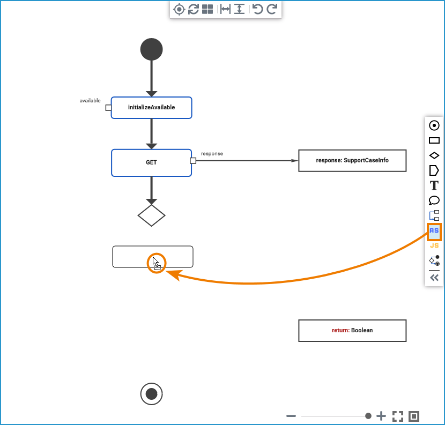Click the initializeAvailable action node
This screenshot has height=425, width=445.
click(x=151, y=107)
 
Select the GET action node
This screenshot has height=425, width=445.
click(x=151, y=162)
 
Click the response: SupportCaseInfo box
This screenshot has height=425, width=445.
click(x=352, y=160)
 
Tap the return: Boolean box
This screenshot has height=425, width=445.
click(x=352, y=330)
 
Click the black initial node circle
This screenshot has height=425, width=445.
click(x=151, y=49)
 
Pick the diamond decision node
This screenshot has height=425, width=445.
click(x=151, y=215)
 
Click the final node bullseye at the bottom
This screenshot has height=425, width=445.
click(x=151, y=394)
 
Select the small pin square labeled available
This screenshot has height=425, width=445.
click(x=108, y=107)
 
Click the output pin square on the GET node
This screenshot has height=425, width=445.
click(x=193, y=160)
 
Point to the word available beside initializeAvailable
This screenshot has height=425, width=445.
click(x=90, y=100)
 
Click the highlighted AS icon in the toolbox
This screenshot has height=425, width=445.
click(x=434, y=231)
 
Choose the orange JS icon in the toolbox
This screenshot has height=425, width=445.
click(x=434, y=245)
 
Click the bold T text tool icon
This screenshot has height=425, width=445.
click(x=434, y=186)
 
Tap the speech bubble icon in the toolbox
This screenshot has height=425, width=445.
click(x=434, y=201)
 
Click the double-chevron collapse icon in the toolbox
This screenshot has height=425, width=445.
click(x=434, y=278)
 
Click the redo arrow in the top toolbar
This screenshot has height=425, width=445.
click(x=272, y=9)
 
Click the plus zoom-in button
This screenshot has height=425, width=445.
click(x=381, y=416)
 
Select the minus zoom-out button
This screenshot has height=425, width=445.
click(x=291, y=416)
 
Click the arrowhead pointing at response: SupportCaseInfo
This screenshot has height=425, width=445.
click(x=294, y=160)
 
